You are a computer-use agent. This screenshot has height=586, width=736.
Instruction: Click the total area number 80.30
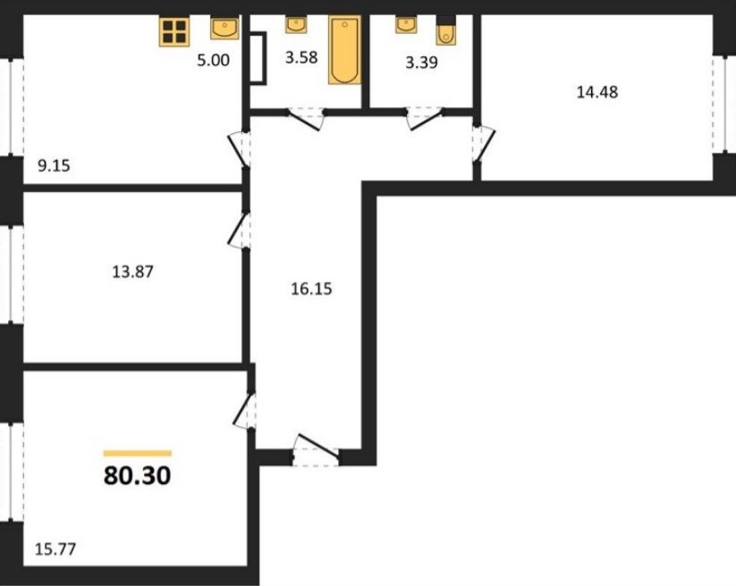[x=137, y=475]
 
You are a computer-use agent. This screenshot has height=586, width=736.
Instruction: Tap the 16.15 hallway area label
[x=311, y=289]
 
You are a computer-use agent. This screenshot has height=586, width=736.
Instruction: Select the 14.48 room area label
[x=597, y=92]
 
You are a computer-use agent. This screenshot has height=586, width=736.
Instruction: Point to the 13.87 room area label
[x=133, y=272]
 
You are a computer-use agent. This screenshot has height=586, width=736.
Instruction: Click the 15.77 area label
[x=55, y=548]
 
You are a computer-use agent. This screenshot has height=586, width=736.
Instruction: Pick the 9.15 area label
[x=54, y=165]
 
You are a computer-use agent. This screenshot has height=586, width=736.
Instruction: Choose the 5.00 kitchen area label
[x=213, y=60]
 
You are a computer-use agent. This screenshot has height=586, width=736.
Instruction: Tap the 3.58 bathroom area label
[x=301, y=57]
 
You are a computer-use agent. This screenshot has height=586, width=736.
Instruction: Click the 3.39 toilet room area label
[x=421, y=62]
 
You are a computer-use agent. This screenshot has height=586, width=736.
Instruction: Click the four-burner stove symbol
[x=174, y=32]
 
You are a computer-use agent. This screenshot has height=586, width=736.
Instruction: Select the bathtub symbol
[x=345, y=50]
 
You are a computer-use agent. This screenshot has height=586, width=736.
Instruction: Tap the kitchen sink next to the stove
[x=224, y=29]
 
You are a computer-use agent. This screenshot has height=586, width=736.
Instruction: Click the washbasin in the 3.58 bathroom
[x=296, y=25]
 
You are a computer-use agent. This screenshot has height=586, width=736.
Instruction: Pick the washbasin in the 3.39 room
[x=405, y=25]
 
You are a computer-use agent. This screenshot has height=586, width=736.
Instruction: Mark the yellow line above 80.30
[x=138, y=453]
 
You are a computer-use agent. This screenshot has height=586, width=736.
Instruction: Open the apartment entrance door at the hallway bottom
[x=316, y=450]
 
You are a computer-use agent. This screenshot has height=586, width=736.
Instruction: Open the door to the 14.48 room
[x=484, y=143]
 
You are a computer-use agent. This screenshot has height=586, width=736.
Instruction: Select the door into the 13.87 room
[x=240, y=230]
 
